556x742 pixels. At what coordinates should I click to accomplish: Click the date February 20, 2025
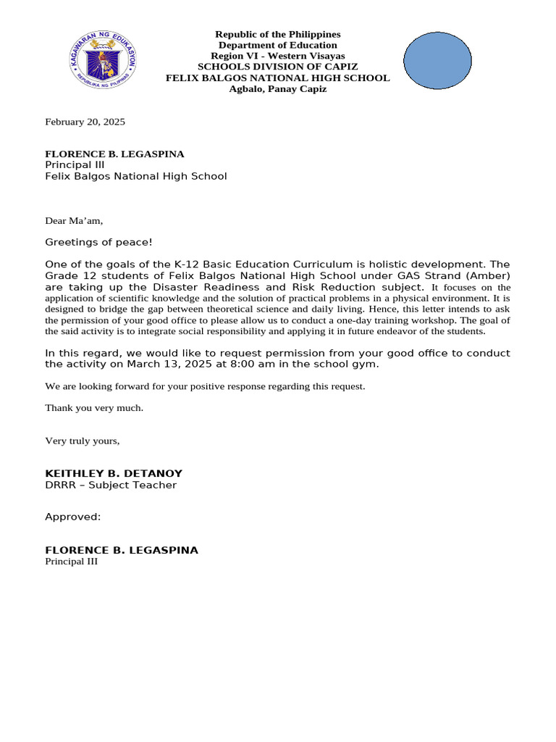(85, 122)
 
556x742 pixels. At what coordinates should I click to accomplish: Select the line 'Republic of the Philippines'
(277, 35)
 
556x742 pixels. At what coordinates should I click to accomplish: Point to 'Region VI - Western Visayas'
(277, 56)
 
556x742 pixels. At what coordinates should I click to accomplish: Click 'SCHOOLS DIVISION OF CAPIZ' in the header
(277, 67)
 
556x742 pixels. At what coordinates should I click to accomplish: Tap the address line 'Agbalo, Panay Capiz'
(277, 89)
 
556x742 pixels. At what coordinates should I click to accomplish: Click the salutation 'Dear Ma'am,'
(74, 220)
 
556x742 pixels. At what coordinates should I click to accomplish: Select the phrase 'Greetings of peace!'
(98, 242)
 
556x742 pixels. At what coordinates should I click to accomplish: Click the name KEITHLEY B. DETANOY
(114, 474)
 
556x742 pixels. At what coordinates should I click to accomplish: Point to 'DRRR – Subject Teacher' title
(111, 485)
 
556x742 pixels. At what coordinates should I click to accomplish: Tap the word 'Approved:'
(73, 517)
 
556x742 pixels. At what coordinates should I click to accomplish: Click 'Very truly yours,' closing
(82, 441)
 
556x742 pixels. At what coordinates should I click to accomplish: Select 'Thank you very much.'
(94, 408)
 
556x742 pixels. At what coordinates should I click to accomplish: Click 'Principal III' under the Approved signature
(71, 562)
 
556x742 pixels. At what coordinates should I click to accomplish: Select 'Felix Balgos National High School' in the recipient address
(136, 176)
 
